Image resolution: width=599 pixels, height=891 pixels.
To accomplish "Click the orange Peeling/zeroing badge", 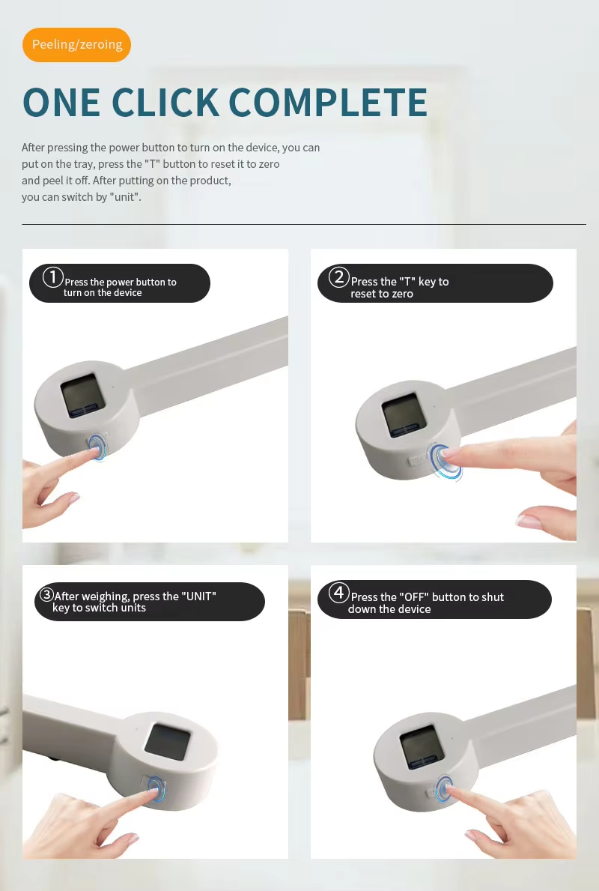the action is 76,44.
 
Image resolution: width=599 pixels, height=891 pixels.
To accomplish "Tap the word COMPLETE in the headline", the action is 328,103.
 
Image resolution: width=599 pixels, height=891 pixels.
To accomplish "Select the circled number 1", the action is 53,277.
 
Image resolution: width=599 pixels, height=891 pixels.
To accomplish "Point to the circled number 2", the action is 339,277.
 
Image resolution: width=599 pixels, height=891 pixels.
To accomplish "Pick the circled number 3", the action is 46,595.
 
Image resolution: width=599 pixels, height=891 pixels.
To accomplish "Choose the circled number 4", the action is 339,593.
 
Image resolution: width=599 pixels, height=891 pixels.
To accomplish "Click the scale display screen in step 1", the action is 83,396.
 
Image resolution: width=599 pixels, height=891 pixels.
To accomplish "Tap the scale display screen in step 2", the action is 404,415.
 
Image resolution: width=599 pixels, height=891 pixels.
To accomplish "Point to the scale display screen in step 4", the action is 422,748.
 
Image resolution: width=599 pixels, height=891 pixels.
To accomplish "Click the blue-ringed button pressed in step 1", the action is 97,447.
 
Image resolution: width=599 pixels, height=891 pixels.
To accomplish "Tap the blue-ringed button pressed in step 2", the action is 445,461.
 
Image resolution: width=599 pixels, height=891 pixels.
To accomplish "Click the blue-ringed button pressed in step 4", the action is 444,789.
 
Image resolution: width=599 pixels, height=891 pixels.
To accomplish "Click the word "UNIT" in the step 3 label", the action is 198,596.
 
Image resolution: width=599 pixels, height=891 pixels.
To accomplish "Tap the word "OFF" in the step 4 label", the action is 414,597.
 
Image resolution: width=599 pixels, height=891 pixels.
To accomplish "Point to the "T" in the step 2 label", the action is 407,281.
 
